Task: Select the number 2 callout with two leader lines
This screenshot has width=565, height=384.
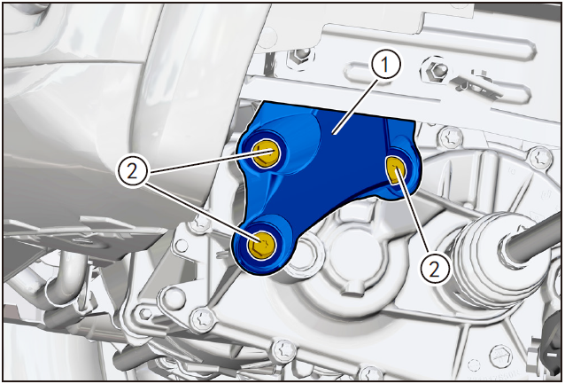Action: click(x=132, y=172)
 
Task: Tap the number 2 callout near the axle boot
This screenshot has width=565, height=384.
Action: click(x=436, y=269)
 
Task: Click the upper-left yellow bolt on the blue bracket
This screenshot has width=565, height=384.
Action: click(x=265, y=153)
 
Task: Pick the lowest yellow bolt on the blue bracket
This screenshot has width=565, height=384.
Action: click(x=261, y=245)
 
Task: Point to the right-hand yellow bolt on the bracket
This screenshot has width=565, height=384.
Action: click(x=395, y=170)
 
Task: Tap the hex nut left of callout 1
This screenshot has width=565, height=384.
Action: click(x=300, y=55)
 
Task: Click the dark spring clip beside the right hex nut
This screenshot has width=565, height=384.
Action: click(x=476, y=86)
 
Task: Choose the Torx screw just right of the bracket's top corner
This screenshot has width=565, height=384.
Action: click(x=451, y=137)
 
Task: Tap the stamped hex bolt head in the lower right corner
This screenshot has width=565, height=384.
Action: click(x=501, y=355)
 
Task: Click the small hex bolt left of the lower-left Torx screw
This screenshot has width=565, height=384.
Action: click(x=145, y=313)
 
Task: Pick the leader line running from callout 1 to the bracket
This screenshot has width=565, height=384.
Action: click(x=356, y=106)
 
